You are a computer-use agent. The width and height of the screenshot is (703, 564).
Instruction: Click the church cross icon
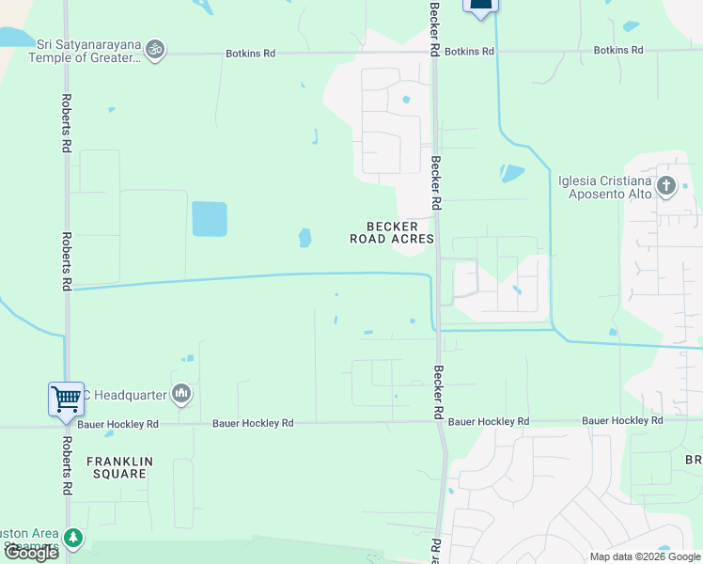tap(666, 185)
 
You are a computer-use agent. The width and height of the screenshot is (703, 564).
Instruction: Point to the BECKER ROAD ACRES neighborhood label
tap(392, 233)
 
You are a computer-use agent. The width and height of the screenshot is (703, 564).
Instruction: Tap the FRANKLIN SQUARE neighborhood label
tap(118, 467)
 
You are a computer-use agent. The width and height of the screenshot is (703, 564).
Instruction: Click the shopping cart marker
tap(66, 399)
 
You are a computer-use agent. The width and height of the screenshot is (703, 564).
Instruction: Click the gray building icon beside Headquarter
tap(181, 394)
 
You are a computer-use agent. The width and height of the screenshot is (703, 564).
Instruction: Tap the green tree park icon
tap(72, 539)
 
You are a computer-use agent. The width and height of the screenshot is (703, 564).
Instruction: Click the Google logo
tap(30, 553)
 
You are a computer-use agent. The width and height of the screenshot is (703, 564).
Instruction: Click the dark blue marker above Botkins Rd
tap(480, 6)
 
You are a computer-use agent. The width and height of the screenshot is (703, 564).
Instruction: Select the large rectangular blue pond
tap(210, 219)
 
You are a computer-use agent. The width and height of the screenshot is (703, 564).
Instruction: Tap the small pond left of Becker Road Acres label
tap(305, 238)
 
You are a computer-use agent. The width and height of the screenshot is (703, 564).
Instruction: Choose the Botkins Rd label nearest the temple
tap(250, 54)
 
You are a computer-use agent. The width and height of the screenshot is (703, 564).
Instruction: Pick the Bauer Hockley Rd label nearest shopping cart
tap(118, 424)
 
